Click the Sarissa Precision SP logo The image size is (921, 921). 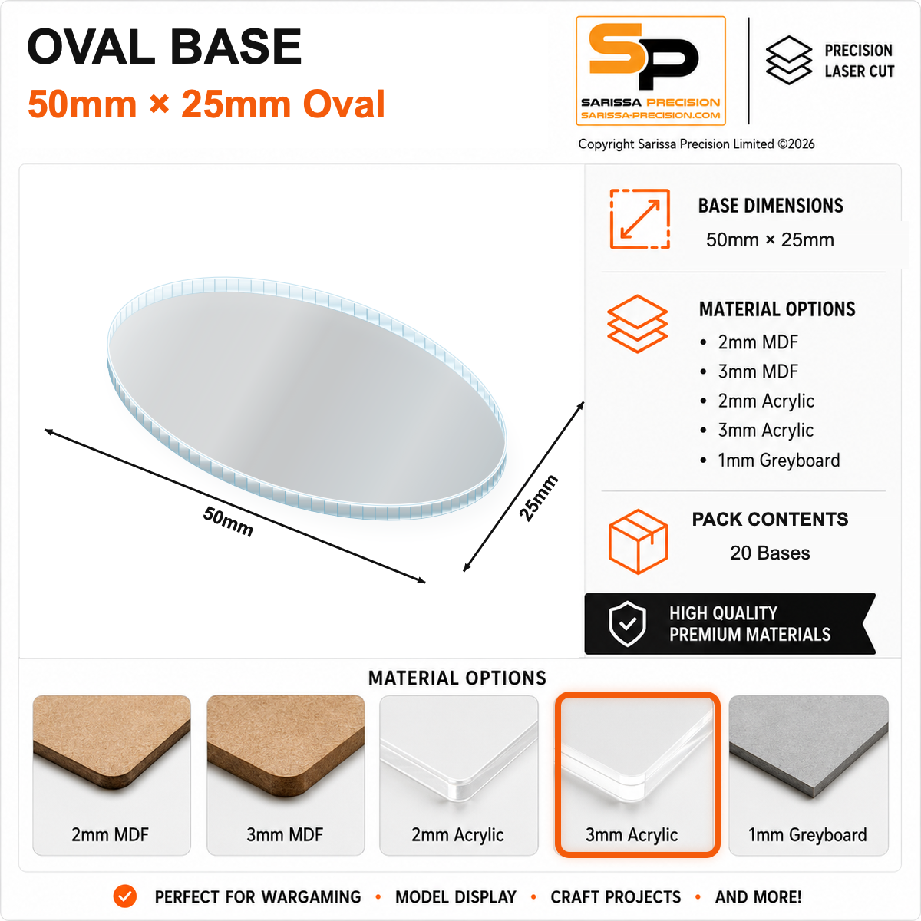651,71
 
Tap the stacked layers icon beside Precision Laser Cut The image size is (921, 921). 789,60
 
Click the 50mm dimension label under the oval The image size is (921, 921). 228,521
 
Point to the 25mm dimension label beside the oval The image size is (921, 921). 539,498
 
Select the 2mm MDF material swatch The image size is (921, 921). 111,774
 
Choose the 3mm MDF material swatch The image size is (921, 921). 286,774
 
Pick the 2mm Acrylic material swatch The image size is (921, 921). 459,774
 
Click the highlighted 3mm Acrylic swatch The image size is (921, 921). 637,774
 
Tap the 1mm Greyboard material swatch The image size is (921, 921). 808,774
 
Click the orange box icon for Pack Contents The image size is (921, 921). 638,540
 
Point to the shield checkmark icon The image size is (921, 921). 627,624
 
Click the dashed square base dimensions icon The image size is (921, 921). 639,219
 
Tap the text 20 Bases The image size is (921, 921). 770,553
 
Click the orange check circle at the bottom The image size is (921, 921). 125,896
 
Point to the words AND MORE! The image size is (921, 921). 758,896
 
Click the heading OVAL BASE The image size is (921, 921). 164,46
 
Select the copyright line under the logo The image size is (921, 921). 696,144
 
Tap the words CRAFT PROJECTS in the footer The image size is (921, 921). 616,896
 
